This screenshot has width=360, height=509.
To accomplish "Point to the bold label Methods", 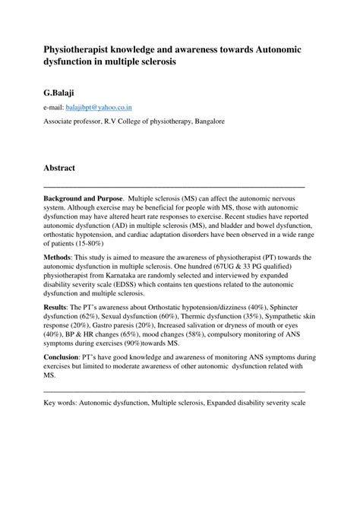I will click(x=58, y=258).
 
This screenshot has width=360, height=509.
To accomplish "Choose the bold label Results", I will click(x=55, y=307).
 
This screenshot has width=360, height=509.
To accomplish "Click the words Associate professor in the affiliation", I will click(x=77, y=122).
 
